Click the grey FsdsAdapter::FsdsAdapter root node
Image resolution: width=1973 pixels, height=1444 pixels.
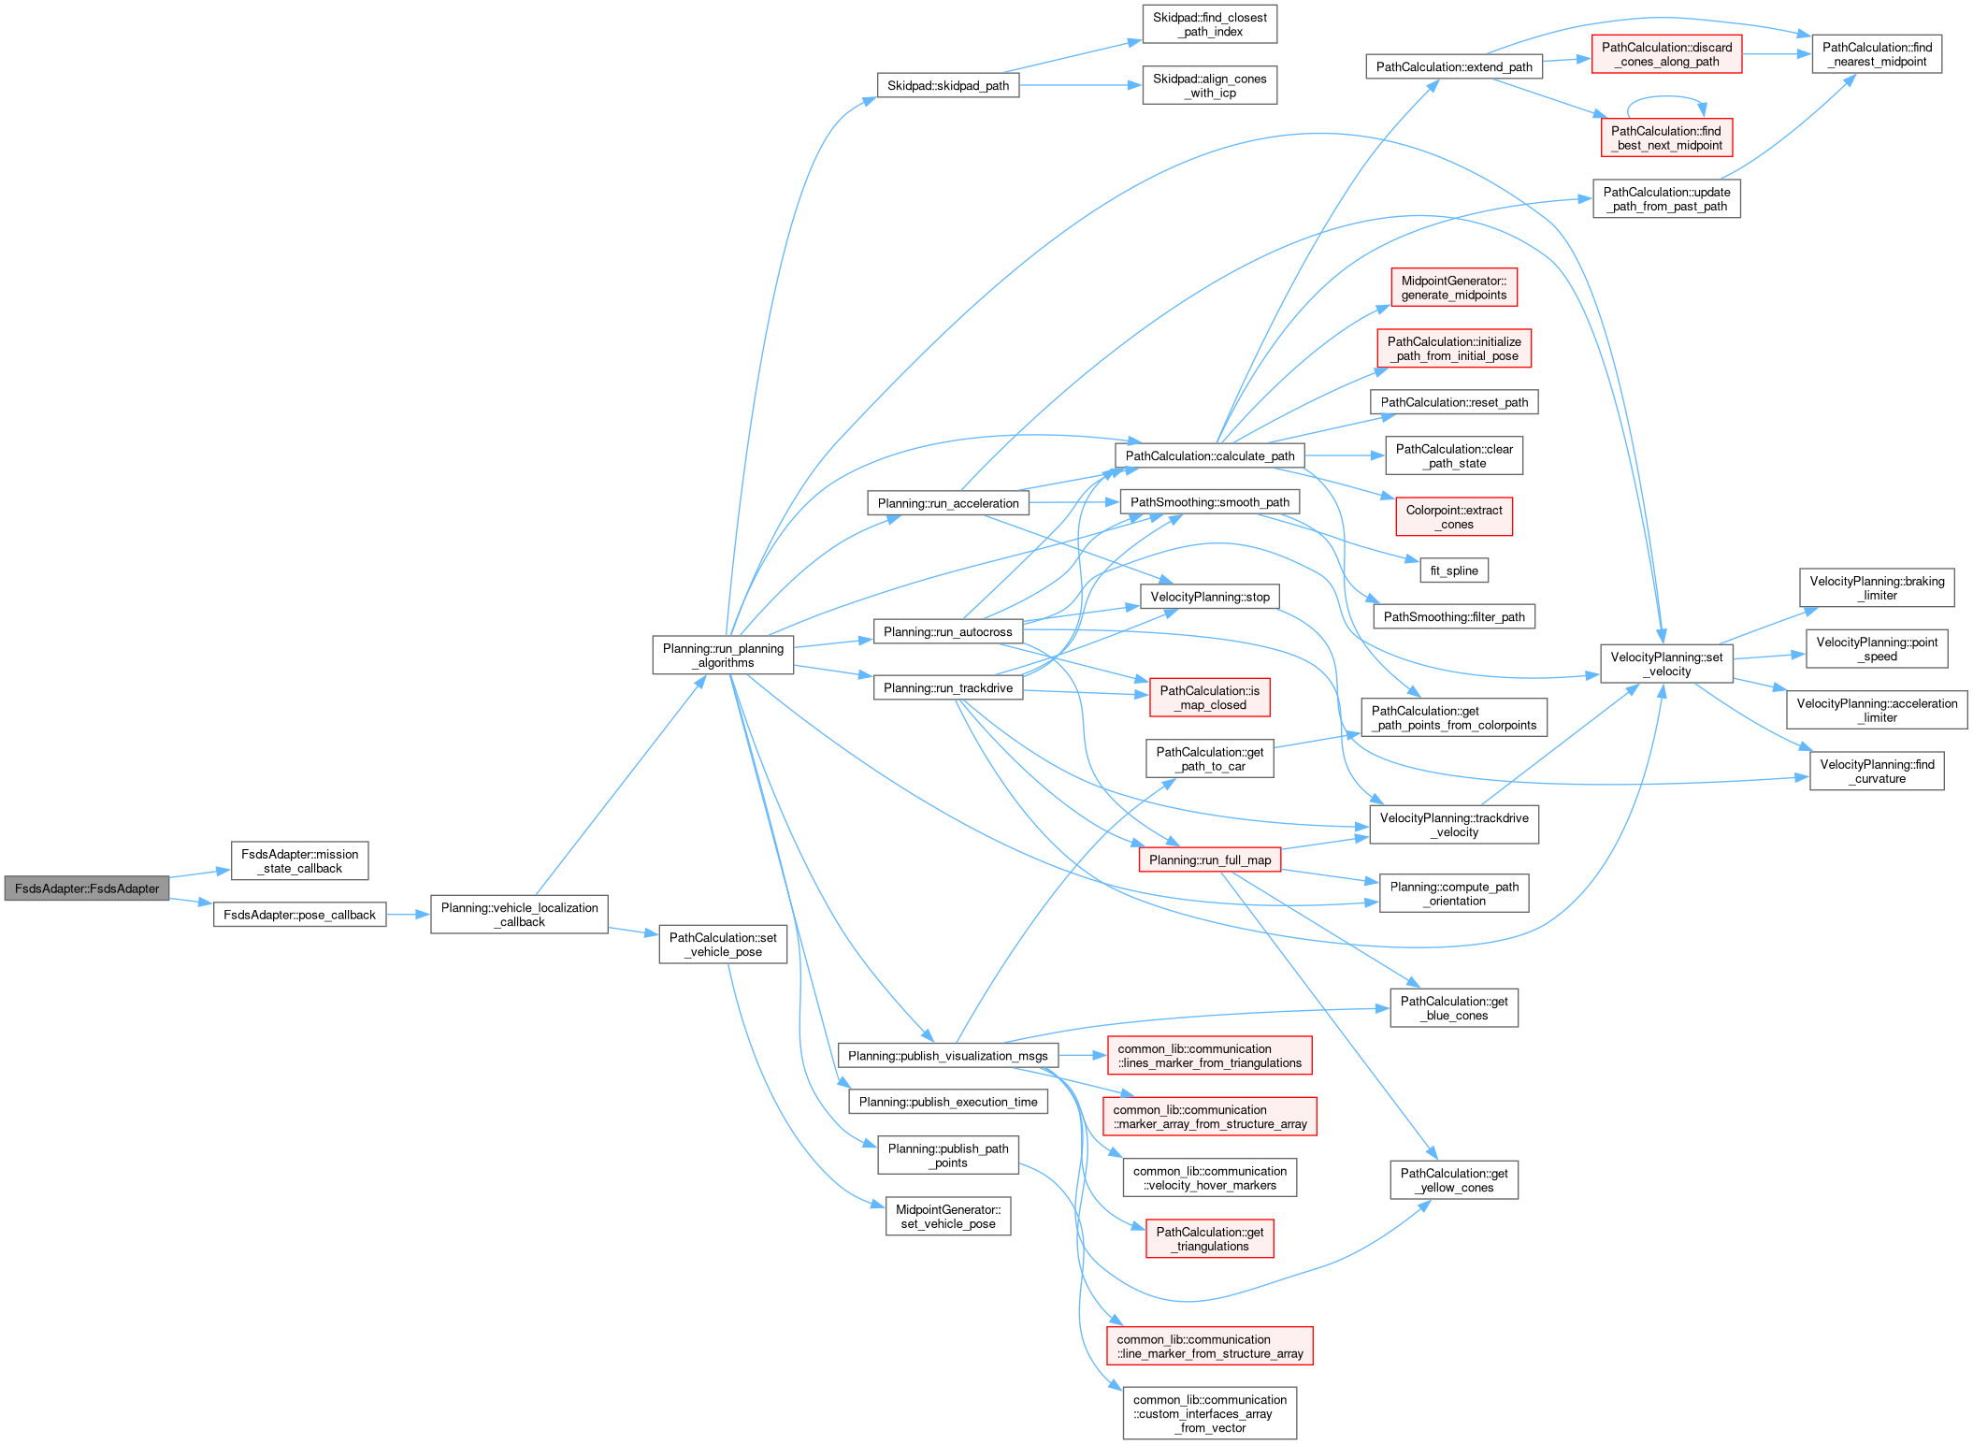(x=87, y=888)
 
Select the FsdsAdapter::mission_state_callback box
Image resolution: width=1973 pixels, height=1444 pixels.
(x=299, y=861)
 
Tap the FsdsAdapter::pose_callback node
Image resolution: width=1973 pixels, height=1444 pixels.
(x=299, y=915)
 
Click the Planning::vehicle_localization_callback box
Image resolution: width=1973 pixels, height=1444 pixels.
(x=519, y=915)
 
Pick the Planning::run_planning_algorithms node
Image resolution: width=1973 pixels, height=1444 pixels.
(x=723, y=656)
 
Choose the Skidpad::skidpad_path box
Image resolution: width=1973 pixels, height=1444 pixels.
(x=947, y=85)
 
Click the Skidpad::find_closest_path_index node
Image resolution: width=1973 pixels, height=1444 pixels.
(x=1209, y=24)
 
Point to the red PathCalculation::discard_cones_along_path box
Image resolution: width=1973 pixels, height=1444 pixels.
(x=1666, y=54)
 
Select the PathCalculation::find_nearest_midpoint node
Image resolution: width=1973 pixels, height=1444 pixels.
(x=1876, y=54)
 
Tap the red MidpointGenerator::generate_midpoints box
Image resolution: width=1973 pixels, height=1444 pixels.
(x=1453, y=288)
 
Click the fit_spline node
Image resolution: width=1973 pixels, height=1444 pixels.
(x=1454, y=570)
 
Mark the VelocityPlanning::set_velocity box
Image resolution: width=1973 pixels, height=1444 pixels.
(x=1666, y=664)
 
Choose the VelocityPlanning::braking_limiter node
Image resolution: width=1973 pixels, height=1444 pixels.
(x=1876, y=588)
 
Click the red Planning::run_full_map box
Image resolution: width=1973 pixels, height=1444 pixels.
(x=1209, y=860)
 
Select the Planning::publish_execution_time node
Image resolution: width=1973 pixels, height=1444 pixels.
(x=947, y=1102)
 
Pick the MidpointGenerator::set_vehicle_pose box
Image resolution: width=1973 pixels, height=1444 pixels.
(x=947, y=1217)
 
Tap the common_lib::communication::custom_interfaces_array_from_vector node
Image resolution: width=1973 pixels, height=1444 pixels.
(x=1209, y=1413)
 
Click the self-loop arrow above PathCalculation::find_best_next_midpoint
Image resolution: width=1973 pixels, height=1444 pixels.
(x=1666, y=97)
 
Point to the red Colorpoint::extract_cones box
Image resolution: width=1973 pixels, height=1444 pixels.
(x=1453, y=517)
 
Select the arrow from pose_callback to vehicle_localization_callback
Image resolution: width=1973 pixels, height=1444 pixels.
(x=408, y=915)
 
